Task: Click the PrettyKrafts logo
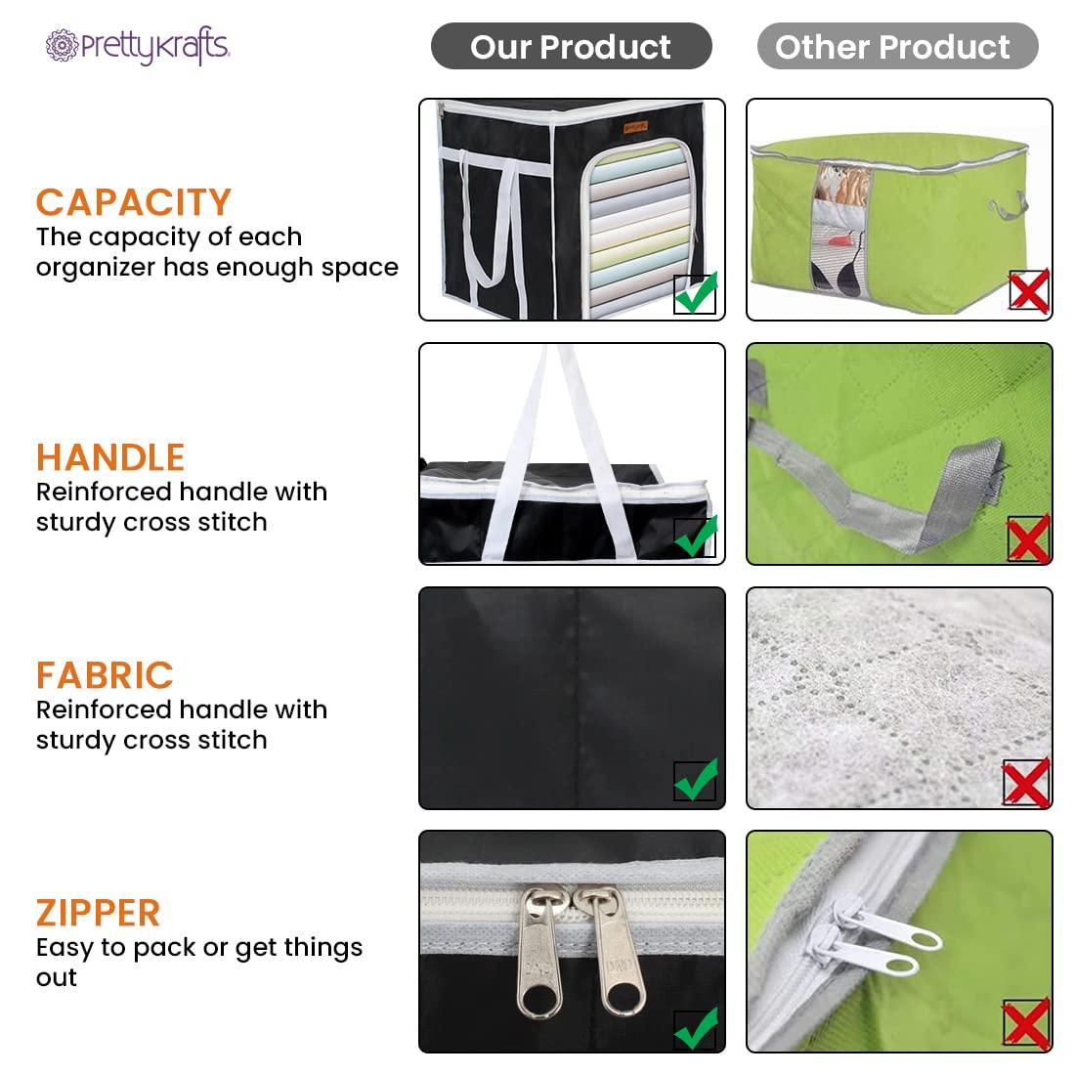137,46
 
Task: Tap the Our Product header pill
571,46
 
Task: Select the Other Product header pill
897,46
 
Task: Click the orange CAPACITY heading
134,202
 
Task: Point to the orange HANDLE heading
110,457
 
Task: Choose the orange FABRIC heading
105,675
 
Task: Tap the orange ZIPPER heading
98,913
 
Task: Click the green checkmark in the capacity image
696,293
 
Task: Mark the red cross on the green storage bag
1029,290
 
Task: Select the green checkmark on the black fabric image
696,780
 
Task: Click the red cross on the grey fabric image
1026,782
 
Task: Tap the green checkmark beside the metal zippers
696,1028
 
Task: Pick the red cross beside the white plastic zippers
1026,1023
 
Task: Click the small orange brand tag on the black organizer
635,127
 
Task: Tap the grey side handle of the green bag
1009,206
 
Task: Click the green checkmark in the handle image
696,537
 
